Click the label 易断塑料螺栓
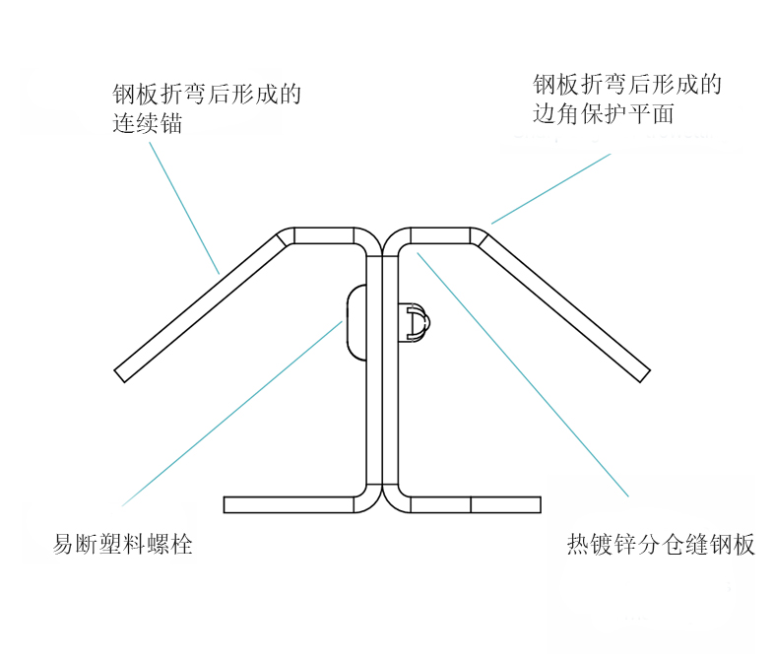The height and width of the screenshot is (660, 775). point(122,543)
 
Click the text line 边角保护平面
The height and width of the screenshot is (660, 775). point(603,113)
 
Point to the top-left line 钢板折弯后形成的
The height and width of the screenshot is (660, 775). point(207,96)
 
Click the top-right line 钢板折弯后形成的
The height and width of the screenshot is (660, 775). point(627,84)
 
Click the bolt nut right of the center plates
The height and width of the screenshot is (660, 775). point(416,322)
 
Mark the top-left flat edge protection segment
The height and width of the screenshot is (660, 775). point(323,235)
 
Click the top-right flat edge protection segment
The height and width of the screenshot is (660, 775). point(439,235)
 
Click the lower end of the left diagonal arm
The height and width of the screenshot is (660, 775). point(122,372)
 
